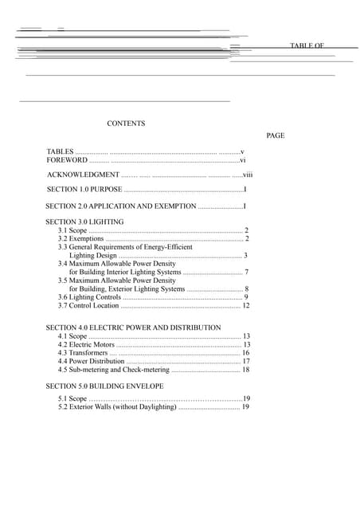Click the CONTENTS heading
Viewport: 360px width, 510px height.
(126, 124)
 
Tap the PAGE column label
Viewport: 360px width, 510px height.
(276, 135)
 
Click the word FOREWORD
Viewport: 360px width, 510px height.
(67, 160)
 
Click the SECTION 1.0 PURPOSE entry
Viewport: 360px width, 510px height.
(84, 190)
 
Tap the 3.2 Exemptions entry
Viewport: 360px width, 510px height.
(80, 238)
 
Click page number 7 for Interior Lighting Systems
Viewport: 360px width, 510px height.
(247, 273)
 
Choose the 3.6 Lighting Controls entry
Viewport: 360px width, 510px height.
(89, 297)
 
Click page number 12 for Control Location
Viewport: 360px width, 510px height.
(246, 305)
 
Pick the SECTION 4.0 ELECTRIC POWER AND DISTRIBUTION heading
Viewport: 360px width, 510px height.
(133, 328)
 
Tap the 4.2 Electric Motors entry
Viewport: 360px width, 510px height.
(86, 345)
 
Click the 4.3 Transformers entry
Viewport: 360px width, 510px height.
(83, 353)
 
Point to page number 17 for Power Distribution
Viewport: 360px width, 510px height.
(246, 362)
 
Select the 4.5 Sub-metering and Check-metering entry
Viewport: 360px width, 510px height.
(114, 370)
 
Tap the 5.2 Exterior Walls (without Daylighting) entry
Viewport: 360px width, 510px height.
(117, 407)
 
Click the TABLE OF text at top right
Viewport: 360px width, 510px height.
(307, 46)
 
